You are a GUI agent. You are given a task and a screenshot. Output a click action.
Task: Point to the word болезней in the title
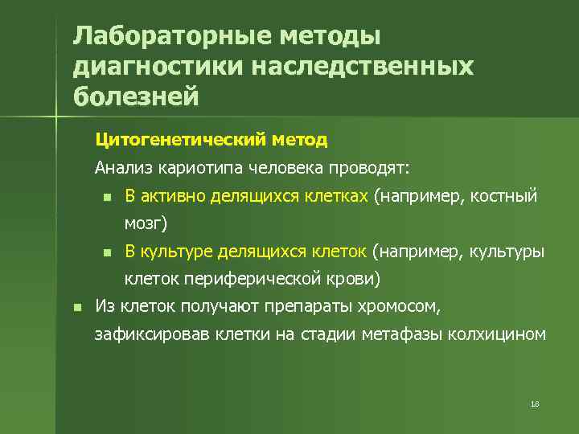(x=135, y=96)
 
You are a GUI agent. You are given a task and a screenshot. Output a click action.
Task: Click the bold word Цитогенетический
(x=182, y=140)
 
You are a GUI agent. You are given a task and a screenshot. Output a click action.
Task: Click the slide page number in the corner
(x=535, y=403)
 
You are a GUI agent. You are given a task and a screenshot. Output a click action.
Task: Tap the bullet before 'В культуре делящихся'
(x=105, y=253)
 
